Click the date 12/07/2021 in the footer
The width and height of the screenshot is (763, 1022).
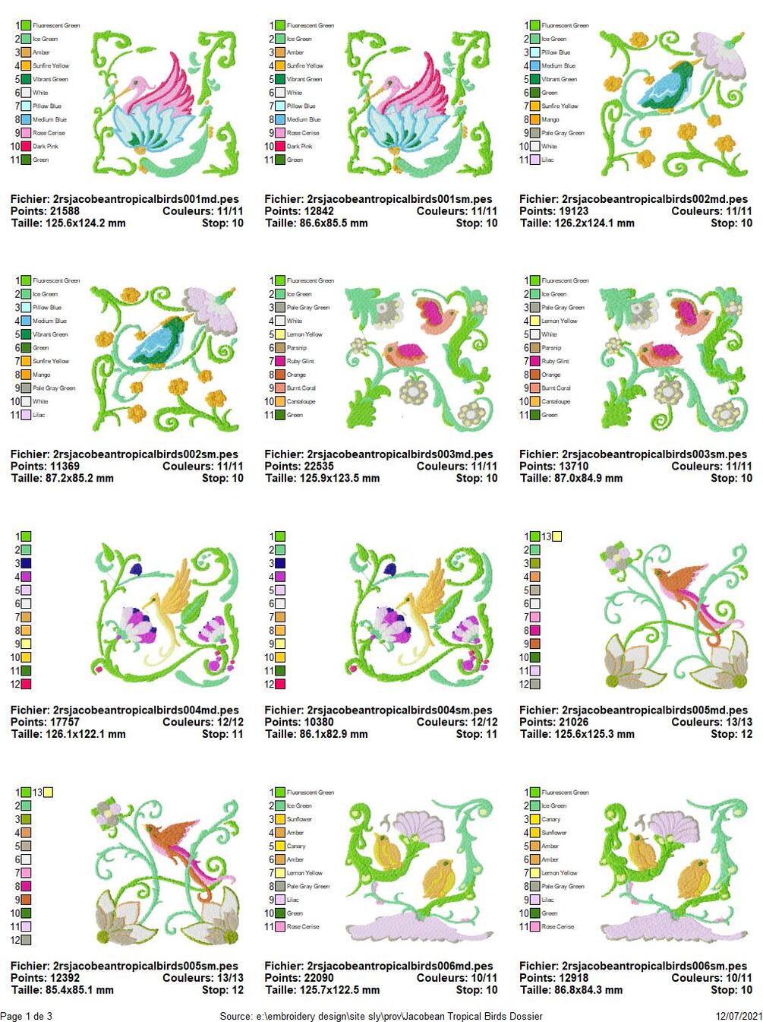[739, 1016]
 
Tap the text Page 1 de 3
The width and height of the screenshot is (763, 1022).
[27, 1016]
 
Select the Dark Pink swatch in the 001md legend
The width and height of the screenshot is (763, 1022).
[26, 146]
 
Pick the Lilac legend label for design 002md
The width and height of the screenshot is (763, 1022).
[548, 160]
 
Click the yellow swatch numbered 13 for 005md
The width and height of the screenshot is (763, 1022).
[557, 536]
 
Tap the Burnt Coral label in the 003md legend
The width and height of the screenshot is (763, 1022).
[301, 388]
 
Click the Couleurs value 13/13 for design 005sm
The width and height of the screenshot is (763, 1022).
[225, 978]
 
